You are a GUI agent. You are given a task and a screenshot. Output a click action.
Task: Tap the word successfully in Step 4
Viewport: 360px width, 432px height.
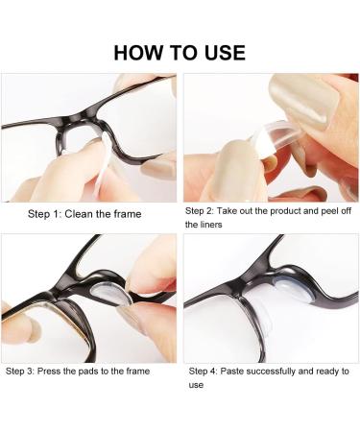coord(278,370)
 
